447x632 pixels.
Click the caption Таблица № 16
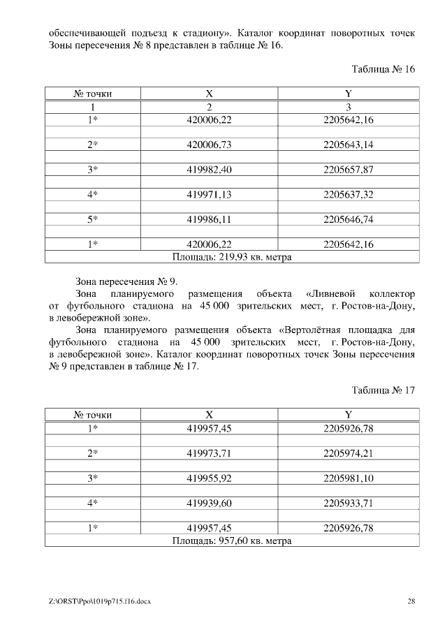[x=383, y=69]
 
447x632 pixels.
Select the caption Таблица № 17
[x=383, y=390]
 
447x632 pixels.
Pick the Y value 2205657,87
[x=349, y=170]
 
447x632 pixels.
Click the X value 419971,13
[x=209, y=194]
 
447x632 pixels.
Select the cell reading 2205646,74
[x=349, y=219]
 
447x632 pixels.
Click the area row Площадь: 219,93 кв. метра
[x=232, y=256]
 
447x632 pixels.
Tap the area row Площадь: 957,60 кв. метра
[x=232, y=541]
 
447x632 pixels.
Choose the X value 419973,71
[x=209, y=453]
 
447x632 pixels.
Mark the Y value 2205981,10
[x=349, y=478]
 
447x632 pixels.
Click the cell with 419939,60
[x=209, y=503]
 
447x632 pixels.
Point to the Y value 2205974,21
[x=349, y=453]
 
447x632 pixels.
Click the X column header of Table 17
[x=209, y=415]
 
